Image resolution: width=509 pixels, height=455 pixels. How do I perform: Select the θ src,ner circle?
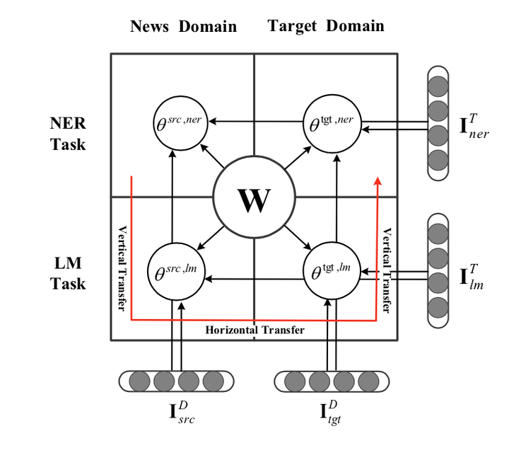tap(178, 122)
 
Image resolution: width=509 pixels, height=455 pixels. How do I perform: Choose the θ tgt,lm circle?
tap(331, 270)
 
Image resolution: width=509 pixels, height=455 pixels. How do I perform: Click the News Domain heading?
tap(183, 27)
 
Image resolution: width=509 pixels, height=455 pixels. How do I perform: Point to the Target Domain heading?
tap(326, 26)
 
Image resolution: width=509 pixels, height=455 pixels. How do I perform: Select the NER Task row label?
tap(69, 134)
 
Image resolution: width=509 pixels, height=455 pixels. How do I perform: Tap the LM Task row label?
tap(69, 273)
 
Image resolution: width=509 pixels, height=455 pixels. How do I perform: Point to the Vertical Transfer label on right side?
tap(387, 269)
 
